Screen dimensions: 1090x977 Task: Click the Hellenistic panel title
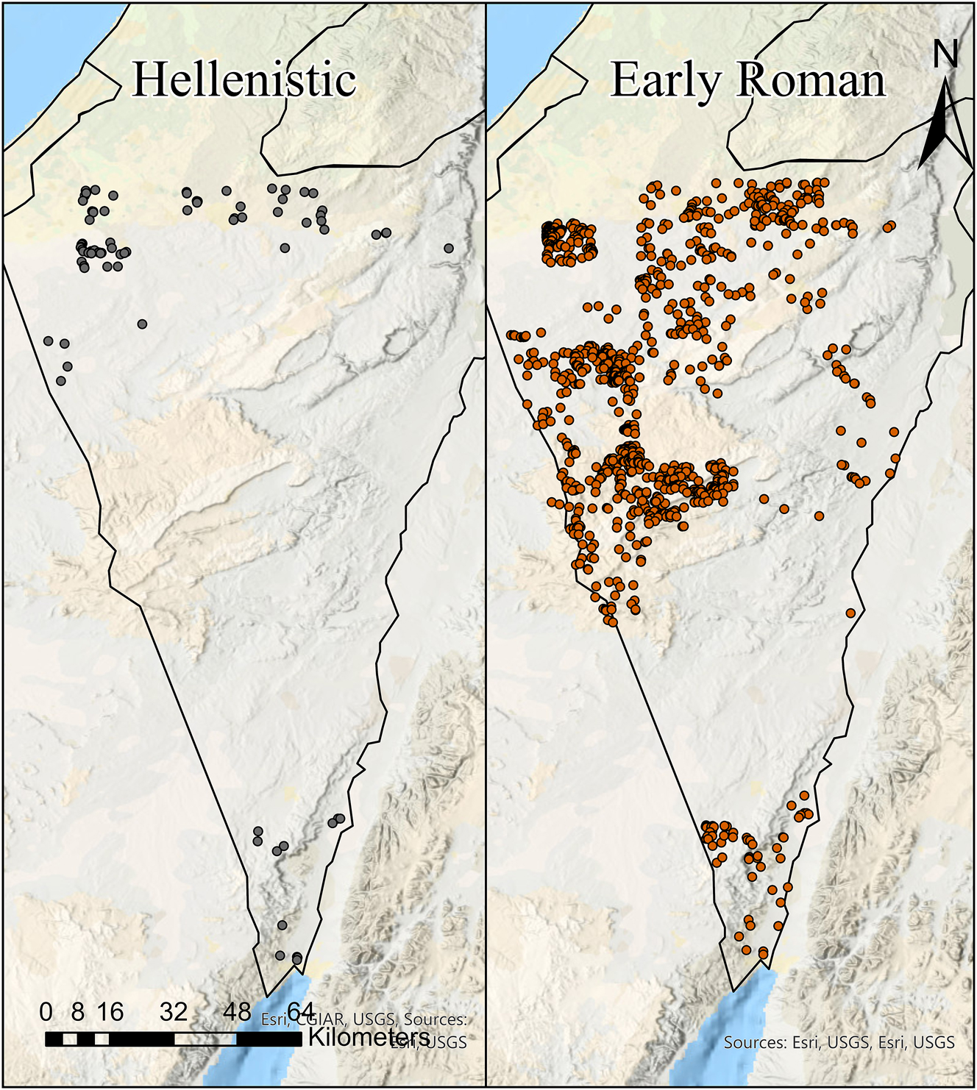pos(244,79)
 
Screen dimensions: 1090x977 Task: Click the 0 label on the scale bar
pos(46,1012)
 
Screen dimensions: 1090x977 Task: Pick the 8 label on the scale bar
pos(77,1012)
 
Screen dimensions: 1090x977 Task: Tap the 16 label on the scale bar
pos(110,1012)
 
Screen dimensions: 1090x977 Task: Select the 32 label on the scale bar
pos(174,1012)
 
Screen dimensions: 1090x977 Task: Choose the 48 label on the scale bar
pos(237,1012)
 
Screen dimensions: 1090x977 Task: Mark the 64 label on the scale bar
pos(300,1012)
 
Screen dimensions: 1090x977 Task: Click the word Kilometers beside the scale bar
pos(369,1037)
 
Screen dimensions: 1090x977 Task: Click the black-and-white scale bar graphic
pos(174,1039)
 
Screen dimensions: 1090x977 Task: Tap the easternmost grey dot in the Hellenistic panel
pos(449,249)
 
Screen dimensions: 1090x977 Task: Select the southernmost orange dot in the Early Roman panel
pos(764,954)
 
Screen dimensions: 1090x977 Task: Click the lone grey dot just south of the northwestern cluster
pos(142,324)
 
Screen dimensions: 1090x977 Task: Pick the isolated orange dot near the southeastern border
pos(850,613)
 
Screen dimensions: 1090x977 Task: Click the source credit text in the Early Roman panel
pos(839,1042)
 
